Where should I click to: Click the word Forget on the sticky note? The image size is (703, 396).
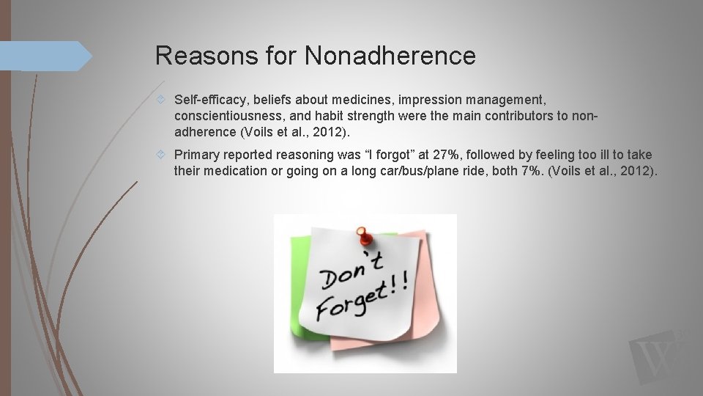coord(350,303)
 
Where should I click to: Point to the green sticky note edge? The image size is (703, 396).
coord(297,279)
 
